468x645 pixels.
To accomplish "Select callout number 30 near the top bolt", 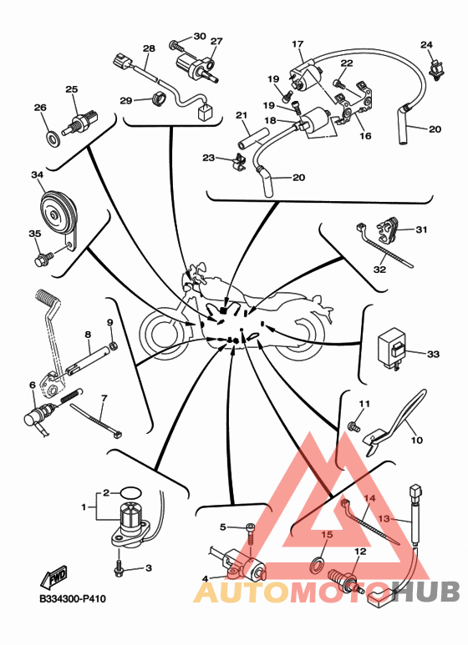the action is click(200, 36).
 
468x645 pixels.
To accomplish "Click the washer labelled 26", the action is click(53, 139).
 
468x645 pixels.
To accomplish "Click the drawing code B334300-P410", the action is click(73, 598).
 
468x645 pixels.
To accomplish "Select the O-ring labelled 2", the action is click(131, 492).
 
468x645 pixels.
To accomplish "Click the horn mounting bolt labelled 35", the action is click(43, 259).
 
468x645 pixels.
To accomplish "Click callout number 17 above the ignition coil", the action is click(298, 43).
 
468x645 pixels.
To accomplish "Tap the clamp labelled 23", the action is click(238, 162).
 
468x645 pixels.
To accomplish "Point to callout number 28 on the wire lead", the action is click(149, 48).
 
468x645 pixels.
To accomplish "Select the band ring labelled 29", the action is click(158, 99).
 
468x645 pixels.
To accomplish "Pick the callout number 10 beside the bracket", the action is click(417, 440).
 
